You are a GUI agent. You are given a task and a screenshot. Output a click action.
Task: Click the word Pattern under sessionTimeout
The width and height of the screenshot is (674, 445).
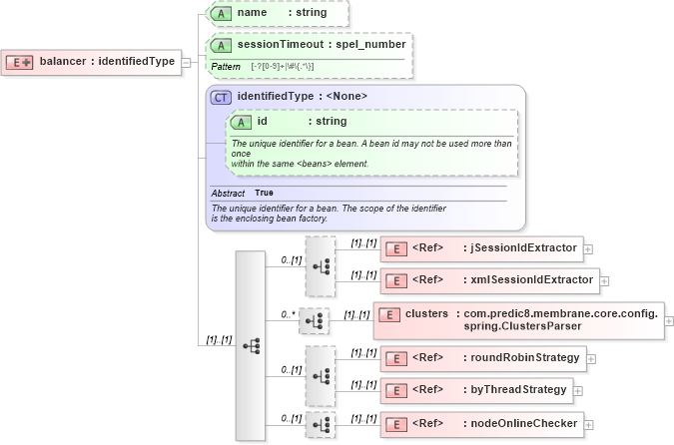pyautogui.click(x=226, y=66)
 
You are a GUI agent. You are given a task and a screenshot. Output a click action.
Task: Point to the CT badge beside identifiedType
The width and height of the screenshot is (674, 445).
pyautogui.click(x=221, y=96)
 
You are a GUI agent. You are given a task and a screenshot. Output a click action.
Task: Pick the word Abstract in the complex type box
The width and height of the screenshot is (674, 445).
pyautogui.click(x=229, y=193)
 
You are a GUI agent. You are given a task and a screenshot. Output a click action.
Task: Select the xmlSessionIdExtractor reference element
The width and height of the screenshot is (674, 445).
pyautogui.click(x=489, y=280)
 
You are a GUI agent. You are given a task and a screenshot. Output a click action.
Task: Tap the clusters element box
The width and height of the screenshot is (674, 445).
pyautogui.click(x=518, y=320)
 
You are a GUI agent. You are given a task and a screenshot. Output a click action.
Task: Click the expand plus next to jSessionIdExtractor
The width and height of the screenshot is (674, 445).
pyautogui.click(x=589, y=248)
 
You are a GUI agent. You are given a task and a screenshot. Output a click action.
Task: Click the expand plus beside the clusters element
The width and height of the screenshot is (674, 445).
pyautogui.click(x=669, y=321)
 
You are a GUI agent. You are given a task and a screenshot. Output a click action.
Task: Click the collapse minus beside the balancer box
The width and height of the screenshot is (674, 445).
pyautogui.click(x=186, y=62)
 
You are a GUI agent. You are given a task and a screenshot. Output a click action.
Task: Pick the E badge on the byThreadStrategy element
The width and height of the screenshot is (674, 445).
pyautogui.click(x=395, y=390)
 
